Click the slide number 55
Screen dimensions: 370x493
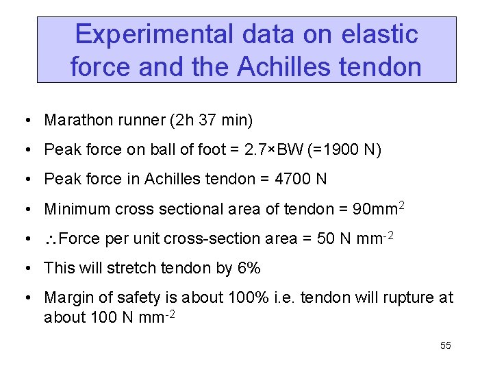[445, 345]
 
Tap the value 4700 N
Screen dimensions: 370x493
[300, 180]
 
